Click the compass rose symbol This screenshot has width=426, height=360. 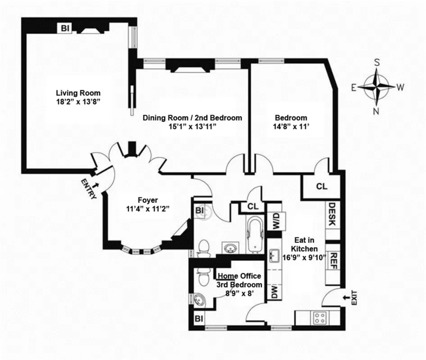(x=376, y=87)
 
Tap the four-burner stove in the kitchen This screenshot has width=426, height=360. (x=320, y=318)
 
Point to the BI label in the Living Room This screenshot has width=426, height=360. (x=65, y=28)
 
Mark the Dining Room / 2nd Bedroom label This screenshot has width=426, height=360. (x=192, y=118)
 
